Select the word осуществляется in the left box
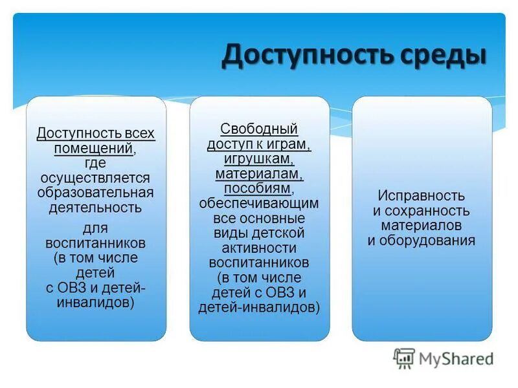pyautogui.click(x=95, y=178)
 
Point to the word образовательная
pyautogui.click(x=95, y=193)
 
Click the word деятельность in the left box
pyautogui.click(x=95, y=208)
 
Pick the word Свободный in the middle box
pyautogui.click(x=259, y=129)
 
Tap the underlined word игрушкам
pyautogui.click(x=258, y=158)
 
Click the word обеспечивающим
pyautogui.click(x=259, y=203)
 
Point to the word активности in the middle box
pyautogui.click(x=259, y=248)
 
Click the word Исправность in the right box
pyautogui.click(x=422, y=196)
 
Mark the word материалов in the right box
pyautogui.click(x=422, y=226)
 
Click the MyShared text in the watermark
pyautogui.click(x=456, y=358)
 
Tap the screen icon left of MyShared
pyautogui.click(x=404, y=358)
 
